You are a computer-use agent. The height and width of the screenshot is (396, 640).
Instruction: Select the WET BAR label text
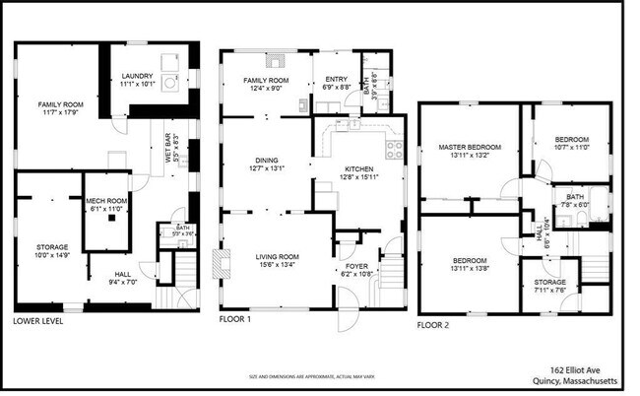(165, 154)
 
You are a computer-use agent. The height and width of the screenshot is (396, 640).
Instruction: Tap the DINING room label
(267, 160)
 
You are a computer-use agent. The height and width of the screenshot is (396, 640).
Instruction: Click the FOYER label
(354, 267)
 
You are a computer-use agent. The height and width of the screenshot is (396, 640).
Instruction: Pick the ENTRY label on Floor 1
(335, 80)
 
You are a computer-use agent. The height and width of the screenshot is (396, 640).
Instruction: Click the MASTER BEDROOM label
(469, 147)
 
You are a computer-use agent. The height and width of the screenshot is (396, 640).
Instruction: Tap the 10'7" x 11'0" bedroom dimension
(571, 147)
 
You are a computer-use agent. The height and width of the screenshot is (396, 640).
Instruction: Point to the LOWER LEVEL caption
(40, 321)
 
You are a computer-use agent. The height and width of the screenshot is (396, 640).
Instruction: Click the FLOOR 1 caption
(234, 320)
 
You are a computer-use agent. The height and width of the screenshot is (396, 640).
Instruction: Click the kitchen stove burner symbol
(394, 150)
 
